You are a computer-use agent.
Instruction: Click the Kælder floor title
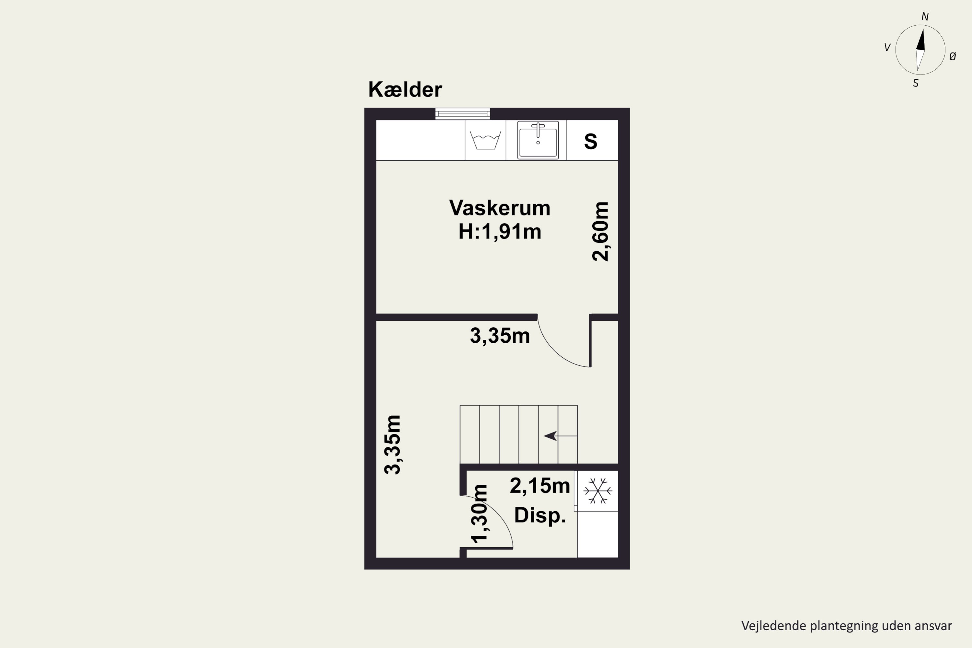tap(405, 90)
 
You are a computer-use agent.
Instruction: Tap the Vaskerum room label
tap(500, 208)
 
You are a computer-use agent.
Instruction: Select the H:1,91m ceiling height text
tap(500, 231)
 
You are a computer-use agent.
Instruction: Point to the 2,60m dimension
tap(600, 231)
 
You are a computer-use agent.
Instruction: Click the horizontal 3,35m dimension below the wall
tap(500, 336)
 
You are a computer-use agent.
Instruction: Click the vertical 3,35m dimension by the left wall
tap(393, 445)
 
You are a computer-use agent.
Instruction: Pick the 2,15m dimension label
tap(539, 486)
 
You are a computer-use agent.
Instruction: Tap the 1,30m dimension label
tap(480, 514)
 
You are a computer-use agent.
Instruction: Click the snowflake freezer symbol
tap(597, 491)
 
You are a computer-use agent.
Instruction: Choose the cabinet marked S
tap(591, 141)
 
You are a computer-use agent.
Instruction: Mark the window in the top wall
tap(462, 114)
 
